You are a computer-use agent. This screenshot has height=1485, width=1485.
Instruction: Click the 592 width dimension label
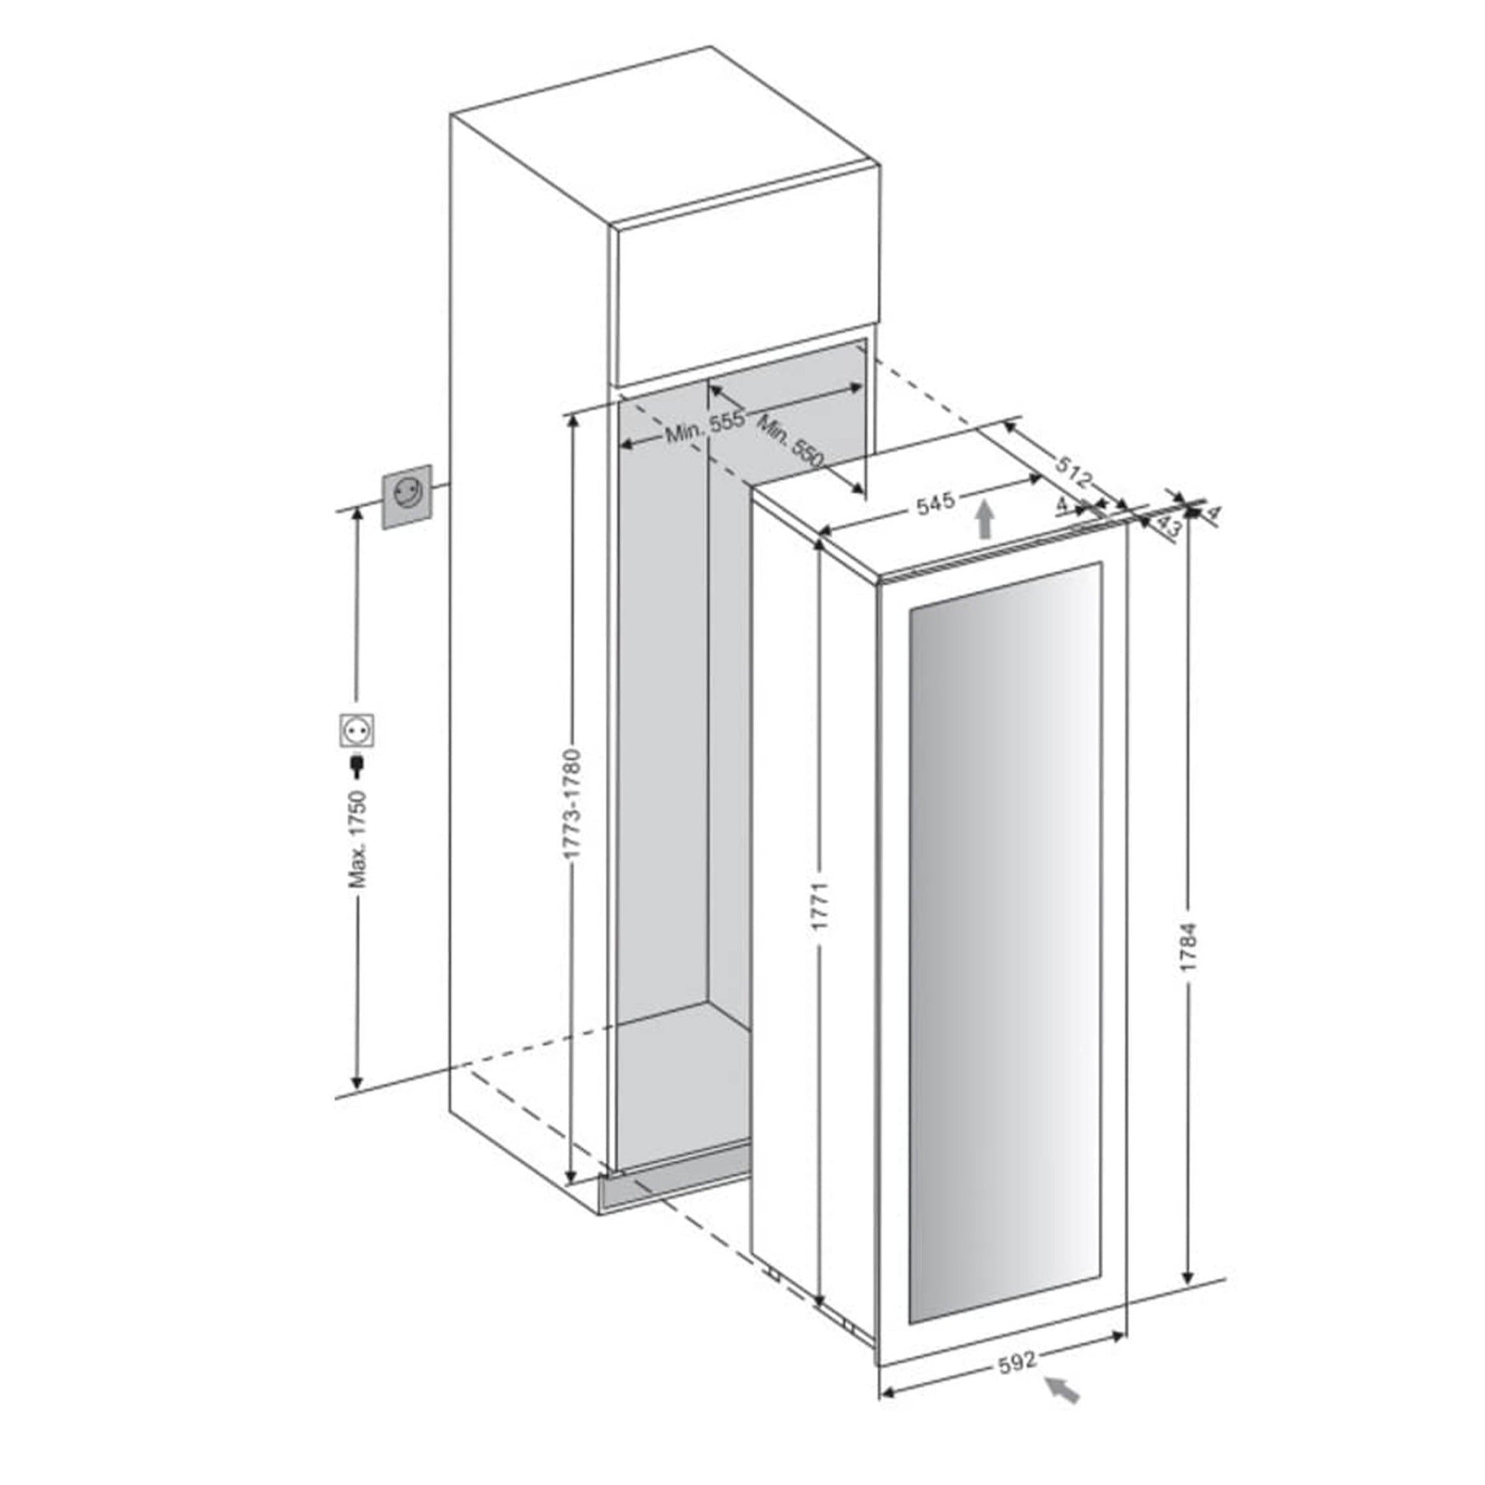(x=1018, y=1361)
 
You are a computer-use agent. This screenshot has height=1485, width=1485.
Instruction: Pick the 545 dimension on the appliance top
(x=936, y=502)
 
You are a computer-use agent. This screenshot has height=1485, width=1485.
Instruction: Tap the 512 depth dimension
(x=1073, y=471)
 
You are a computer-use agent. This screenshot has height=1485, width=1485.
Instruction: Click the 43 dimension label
(x=1168, y=527)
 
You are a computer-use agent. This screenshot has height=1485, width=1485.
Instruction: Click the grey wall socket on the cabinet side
(x=408, y=496)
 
